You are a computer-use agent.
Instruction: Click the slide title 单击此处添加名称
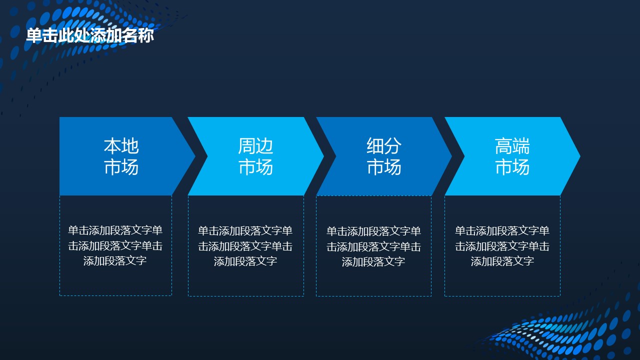[90, 35]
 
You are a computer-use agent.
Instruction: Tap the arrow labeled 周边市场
[255, 156]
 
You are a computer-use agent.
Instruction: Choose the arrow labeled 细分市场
[384, 156]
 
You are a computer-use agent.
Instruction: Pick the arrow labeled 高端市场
[512, 156]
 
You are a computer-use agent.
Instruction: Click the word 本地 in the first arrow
[121, 146]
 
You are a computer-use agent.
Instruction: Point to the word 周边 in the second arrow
[255, 146]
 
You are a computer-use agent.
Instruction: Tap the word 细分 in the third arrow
[384, 146]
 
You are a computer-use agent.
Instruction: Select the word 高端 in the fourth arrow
[512, 146]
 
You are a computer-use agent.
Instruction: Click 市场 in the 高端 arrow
[512, 167]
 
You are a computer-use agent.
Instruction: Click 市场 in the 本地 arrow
[121, 167]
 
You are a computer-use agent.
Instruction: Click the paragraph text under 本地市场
[115, 245]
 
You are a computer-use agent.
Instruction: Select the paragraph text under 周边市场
[245, 246]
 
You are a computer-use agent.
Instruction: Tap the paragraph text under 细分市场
[373, 246]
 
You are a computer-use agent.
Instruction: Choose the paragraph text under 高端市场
[502, 246]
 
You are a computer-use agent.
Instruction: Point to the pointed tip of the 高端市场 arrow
[580, 156]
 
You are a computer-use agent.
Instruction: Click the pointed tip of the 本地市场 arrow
[195, 156]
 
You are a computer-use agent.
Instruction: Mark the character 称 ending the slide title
[146, 35]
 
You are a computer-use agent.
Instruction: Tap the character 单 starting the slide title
[34, 35]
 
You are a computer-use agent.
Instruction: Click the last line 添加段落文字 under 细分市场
[373, 261]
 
